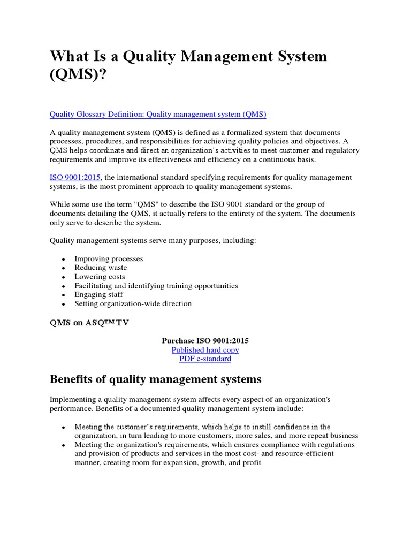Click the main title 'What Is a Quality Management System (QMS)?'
click(188, 65)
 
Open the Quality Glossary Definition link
click(158, 114)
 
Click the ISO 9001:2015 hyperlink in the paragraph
click(75, 177)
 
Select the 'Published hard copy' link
click(205, 350)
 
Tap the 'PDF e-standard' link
click(205, 359)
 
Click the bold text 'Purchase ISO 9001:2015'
click(205, 340)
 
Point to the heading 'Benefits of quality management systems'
click(155, 379)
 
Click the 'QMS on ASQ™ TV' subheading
click(89, 323)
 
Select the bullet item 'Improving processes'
click(109, 258)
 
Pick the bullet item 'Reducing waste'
click(101, 268)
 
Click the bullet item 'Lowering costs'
click(100, 277)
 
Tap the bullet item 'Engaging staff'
click(98, 294)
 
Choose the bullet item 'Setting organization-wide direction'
click(133, 303)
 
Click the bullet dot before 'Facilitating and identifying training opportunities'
click(63, 286)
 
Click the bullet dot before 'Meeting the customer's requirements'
click(63, 428)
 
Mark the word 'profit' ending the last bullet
click(250, 462)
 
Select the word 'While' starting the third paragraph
click(59, 204)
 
